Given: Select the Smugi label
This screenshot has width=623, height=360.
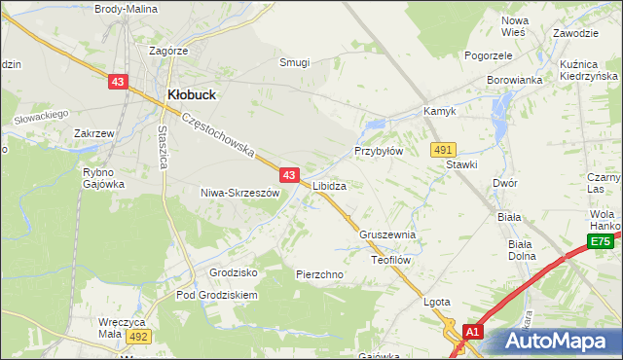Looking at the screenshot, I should coord(294,62).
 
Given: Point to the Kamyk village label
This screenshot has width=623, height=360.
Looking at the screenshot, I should coord(439,112).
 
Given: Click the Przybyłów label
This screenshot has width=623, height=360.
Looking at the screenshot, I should coord(378,152).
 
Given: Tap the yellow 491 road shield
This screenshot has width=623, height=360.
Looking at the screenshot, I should coord(443,149).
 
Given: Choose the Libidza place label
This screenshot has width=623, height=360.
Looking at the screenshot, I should coord(330,185).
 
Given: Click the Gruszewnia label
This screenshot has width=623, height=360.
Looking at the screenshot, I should coord(387,235).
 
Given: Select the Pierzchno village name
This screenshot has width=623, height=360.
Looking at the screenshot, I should coord(319,275).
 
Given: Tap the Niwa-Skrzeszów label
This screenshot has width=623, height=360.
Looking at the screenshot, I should coord(239,193).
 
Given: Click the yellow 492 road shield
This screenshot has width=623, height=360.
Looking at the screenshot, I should coord(138,336).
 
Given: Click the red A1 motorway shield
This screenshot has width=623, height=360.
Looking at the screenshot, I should coord(472,333).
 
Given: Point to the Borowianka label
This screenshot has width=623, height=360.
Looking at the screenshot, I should coord(514,80).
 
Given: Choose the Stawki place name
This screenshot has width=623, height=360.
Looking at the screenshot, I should coord(461,164).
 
